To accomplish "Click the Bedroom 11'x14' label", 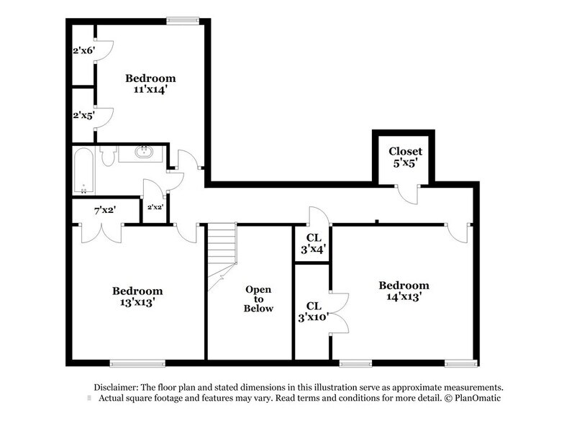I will [x=150, y=83].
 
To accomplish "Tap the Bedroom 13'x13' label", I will [x=137, y=296].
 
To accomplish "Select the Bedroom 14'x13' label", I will [x=404, y=291].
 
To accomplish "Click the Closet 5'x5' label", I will [x=405, y=157].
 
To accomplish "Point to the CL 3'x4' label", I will [x=313, y=243].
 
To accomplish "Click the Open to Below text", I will [x=258, y=299].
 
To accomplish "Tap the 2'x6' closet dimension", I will [x=83, y=52].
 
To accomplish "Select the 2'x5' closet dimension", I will [x=83, y=114].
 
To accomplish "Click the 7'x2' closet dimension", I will [x=106, y=210].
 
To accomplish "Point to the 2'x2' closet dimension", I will [x=155, y=207].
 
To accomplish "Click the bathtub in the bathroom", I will [x=83, y=170].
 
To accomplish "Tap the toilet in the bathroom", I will [x=109, y=155].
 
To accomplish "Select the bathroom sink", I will [x=145, y=153].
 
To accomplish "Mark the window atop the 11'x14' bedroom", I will [x=182, y=21].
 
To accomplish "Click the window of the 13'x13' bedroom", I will [x=132, y=362].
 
